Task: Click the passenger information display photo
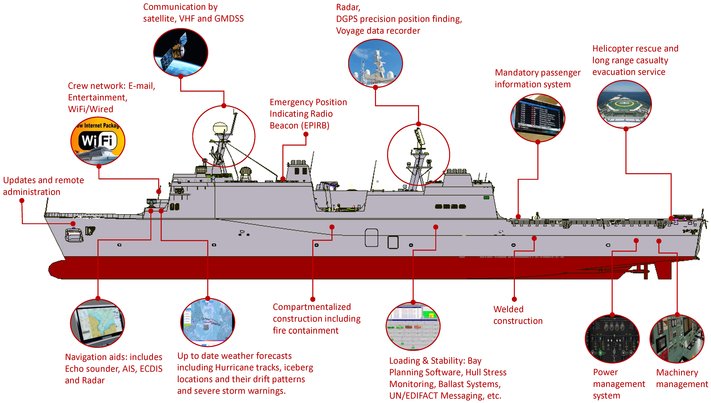(538, 118)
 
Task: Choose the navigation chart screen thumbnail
(98, 323)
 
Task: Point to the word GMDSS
(229, 18)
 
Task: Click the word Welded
(508, 309)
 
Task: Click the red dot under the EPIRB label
(306, 134)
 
